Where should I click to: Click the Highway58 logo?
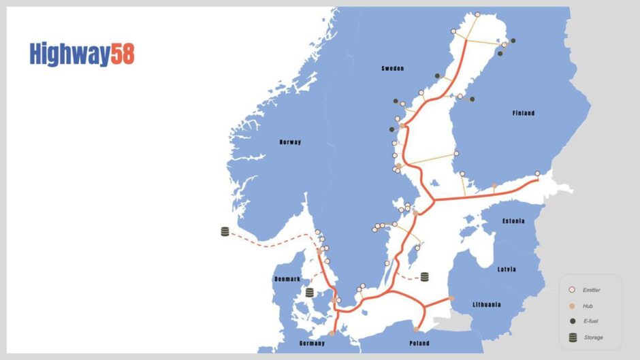(x=82, y=54)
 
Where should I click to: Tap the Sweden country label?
(x=392, y=69)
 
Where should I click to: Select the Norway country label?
(x=290, y=142)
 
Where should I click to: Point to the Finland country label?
(x=524, y=113)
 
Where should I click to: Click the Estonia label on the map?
(x=514, y=221)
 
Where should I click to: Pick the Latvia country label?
(x=507, y=269)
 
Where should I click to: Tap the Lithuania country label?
(x=487, y=304)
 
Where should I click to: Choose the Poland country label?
(x=420, y=344)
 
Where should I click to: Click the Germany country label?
(x=311, y=344)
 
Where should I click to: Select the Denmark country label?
(x=287, y=280)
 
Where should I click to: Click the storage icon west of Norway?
(x=225, y=232)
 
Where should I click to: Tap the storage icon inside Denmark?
(x=310, y=293)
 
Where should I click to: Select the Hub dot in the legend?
(x=573, y=306)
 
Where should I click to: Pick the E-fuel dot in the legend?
(x=573, y=321)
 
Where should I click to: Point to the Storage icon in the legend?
(x=573, y=337)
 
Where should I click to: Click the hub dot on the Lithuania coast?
(x=451, y=298)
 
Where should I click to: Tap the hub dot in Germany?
(x=332, y=333)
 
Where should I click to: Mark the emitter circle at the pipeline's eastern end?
(x=537, y=174)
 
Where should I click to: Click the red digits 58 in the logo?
(x=123, y=54)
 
